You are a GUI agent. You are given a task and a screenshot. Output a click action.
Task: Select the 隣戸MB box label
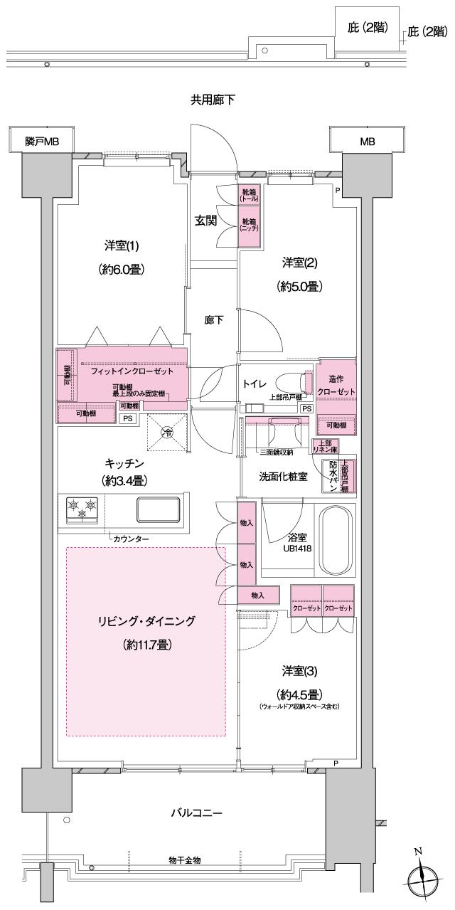41,142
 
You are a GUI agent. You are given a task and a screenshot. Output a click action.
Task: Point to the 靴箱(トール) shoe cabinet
249,196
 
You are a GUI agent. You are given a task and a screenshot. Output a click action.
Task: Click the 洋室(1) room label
116,246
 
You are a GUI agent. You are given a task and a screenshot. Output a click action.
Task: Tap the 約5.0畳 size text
299,287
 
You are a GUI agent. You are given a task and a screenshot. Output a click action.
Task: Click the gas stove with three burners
82,510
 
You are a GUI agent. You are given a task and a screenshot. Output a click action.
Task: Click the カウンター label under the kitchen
131,539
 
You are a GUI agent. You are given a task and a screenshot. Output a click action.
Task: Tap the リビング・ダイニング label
146,621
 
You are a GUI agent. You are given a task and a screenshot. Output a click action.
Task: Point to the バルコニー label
196,813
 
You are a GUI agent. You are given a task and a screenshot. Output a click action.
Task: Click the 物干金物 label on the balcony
184,860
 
